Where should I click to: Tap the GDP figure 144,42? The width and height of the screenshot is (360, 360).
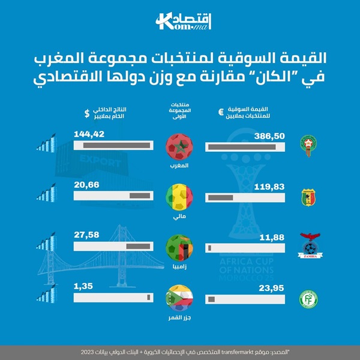[89, 134]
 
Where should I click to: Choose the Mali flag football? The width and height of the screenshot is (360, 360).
[180, 196]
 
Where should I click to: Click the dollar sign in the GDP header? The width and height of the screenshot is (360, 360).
[87, 112]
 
